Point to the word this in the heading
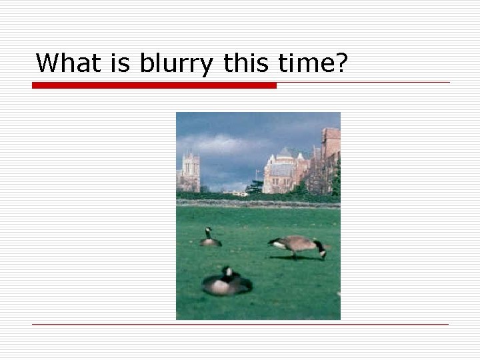click(245, 63)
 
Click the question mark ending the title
click(342, 63)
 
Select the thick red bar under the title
click(154, 85)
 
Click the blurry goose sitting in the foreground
click(227, 284)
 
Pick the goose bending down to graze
click(297, 245)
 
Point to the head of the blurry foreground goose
click(228, 272)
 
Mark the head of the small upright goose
click(208, 231)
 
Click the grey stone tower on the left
click(191, 171)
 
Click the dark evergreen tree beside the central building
click(255, 187)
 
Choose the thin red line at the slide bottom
click(240, 324)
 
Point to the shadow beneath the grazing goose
click(297, 258)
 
